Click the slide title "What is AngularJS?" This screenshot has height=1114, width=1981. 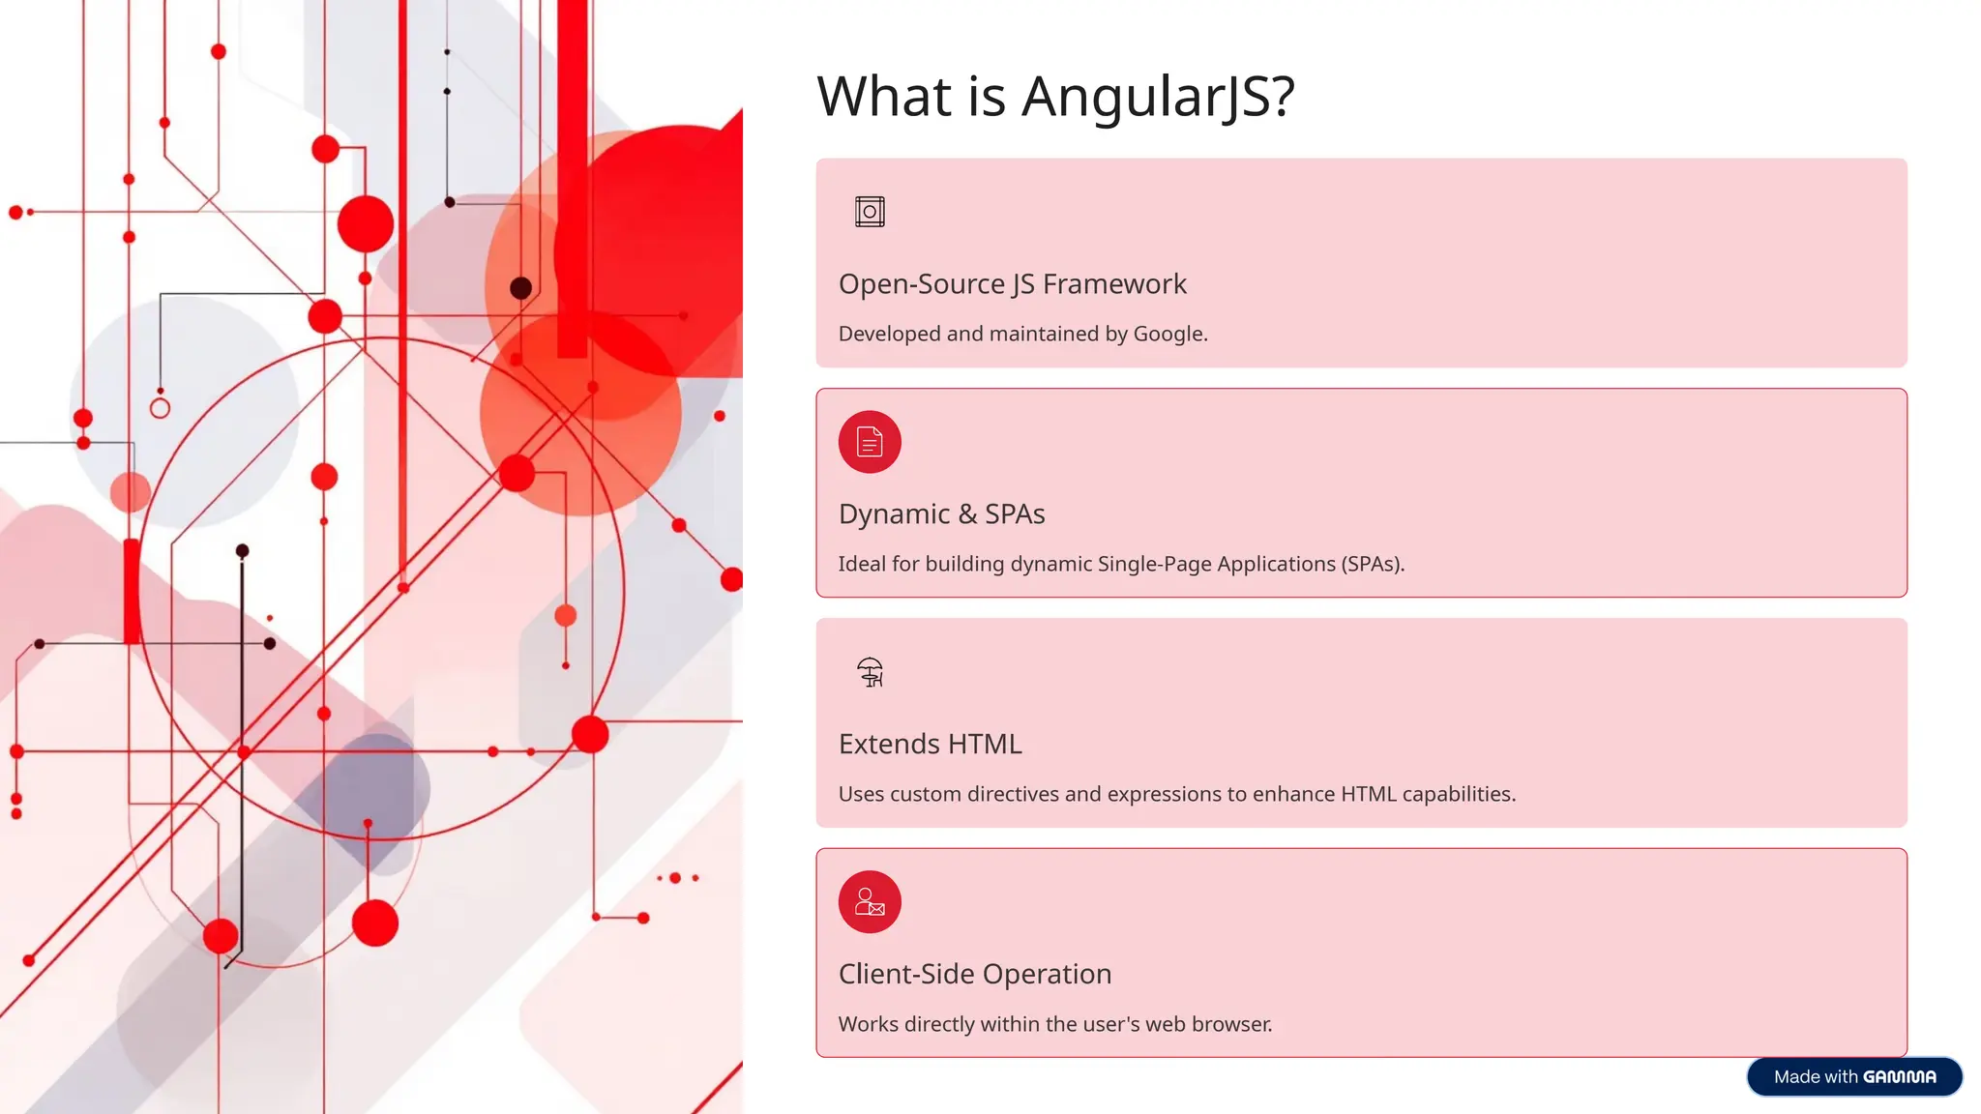point(1055,97)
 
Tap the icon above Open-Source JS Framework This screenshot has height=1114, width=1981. point(870,212)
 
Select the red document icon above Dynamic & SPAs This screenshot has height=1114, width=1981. point(870,442)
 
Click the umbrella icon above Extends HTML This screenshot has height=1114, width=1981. point(870,672)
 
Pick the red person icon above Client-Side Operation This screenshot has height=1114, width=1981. point(870,902)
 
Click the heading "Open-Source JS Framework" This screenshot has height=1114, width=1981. point(1012,284)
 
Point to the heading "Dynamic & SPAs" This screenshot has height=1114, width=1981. point(941,514)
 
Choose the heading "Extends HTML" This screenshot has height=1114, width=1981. point(930,745)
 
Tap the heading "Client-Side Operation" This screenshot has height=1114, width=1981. point(975,974)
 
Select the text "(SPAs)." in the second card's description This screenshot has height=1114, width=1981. point(1373,564)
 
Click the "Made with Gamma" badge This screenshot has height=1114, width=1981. point(1854,1076)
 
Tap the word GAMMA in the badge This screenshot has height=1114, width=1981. point(1900,1077)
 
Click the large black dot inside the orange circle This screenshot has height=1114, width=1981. point(520,287)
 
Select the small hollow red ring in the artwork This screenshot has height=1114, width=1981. point(161,408)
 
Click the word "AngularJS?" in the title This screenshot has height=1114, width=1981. point(1158,97)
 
